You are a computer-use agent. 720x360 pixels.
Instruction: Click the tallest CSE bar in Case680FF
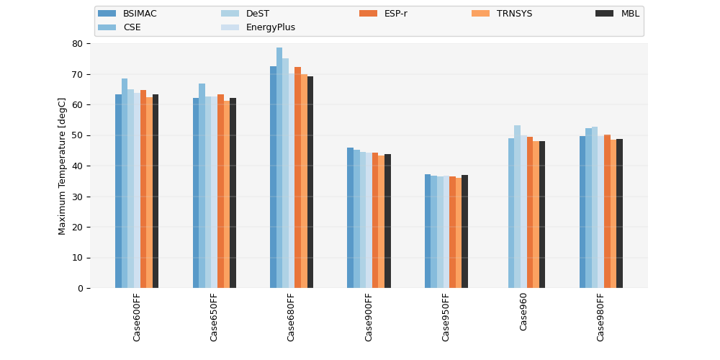coord(279,168)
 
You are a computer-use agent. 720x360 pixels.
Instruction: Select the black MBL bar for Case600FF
coord(156,192)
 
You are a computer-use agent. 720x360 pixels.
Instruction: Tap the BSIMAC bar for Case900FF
coord(351,218)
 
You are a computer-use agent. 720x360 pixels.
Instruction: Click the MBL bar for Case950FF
coord(464,232)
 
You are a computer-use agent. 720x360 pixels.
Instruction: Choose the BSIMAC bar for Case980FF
coord(582,212)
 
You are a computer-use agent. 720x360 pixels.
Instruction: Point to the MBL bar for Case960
coord(542,215)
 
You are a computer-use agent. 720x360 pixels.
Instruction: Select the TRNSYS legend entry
coord(503,14)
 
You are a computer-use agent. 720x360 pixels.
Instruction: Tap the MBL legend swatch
coord(605,14)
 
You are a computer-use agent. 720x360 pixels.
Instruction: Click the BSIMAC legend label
coord(140,14)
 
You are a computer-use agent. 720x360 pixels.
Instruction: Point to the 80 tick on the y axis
coord(88,44)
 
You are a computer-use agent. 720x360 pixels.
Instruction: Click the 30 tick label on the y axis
coord(77,197)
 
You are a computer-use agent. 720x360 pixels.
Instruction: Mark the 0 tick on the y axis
coord(88,289)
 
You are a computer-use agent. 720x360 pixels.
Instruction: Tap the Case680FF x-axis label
coord(291,318)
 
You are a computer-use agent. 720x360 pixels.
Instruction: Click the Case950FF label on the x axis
coord(446,318)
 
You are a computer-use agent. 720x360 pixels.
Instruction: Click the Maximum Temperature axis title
coord(62,166)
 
